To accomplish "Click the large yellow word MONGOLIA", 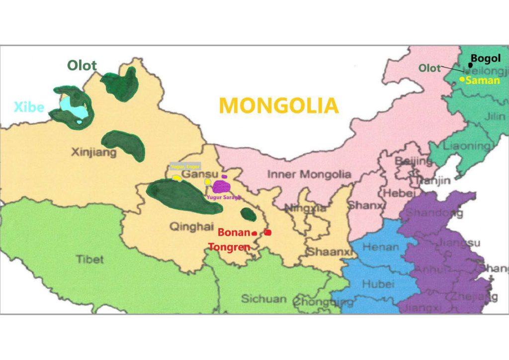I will [x=278, y=105].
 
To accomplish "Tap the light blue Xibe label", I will [x=29, y=107].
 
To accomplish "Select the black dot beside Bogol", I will [x=470, y=65].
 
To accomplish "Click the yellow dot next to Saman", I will [x=462, y=79].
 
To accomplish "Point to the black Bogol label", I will [x=486, y=58].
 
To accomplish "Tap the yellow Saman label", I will [x=483, y=80].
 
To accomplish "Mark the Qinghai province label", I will [x=188, y=227].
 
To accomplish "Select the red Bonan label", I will [x=234, y=232].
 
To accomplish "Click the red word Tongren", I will [x=230, y=247].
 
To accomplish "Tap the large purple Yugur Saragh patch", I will [x=221, y=186].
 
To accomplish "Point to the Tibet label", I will [x=90, y=259].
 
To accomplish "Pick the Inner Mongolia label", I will [x=309, y=175].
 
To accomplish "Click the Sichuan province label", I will [x=263, y=299].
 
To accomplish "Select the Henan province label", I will [x=380, y=247].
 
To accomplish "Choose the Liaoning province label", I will [x=466, y=146].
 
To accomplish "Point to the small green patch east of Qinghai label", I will [x=248, y=214].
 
